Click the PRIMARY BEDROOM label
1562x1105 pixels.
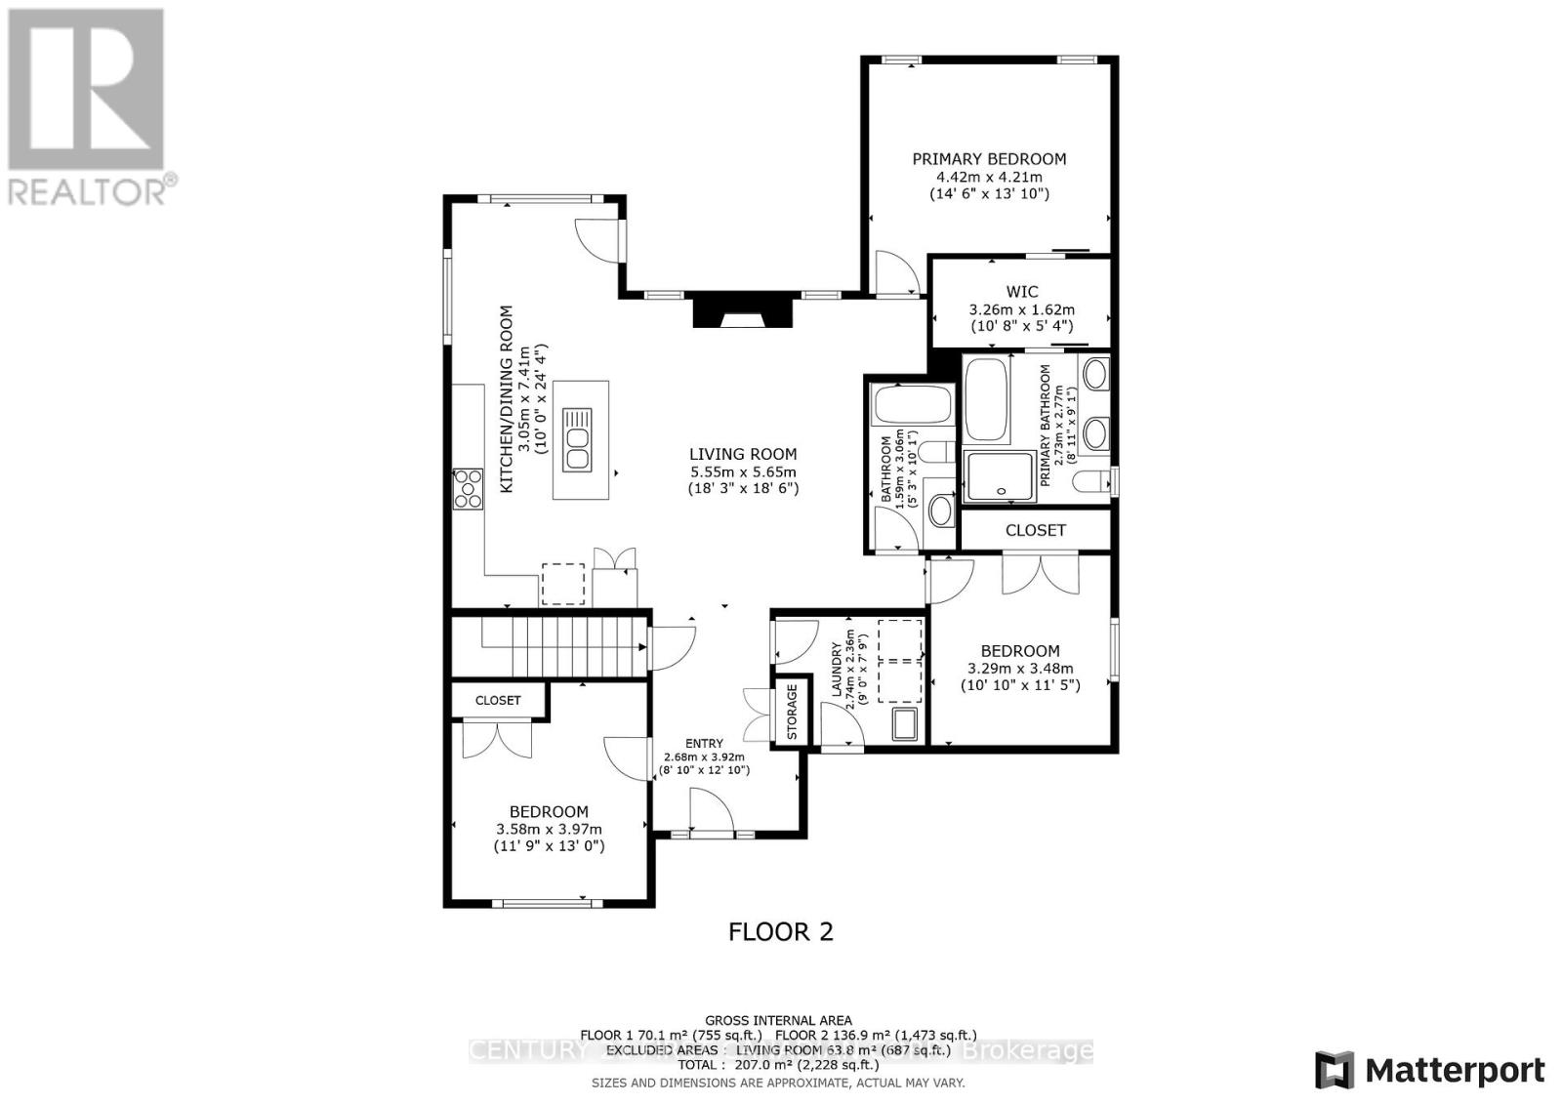click(x=989, y=159)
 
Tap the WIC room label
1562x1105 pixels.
click(x=1021, y=291)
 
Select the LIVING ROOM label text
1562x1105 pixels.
click(x=743, y=454)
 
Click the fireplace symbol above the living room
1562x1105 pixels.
click(x=741, y=311)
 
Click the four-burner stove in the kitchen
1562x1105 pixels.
click(x=468, y=488)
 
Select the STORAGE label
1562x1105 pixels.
click(x=792, y=711)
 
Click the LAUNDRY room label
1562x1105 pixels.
click(x=837, y=670)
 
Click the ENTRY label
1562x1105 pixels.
click(x=705, y=743)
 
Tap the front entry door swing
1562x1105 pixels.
click(x=712, y=810)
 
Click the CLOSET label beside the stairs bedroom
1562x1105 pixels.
click(x=498, y=700)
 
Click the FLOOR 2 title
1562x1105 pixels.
click(x=781, y=931)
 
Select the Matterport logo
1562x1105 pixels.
click(x=1429, y=1070)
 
